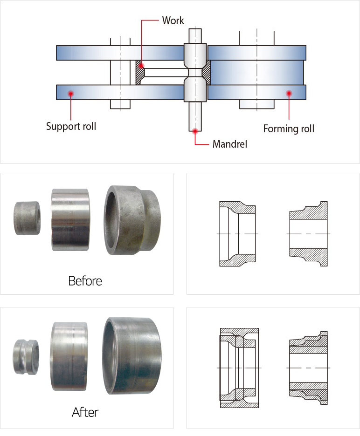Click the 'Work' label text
point(173,20)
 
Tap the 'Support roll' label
point(71,126)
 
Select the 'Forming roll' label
point(289,129)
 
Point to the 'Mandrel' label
point(229,144)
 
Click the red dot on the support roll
point(70,93)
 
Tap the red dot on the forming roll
point(289,93)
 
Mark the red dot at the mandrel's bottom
point(196,130)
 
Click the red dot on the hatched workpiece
point(140,66)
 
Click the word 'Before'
point(85,281)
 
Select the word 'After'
point(85,412)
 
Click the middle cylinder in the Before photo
point(70,219)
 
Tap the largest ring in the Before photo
point(133,220)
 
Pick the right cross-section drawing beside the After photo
point(308,368)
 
